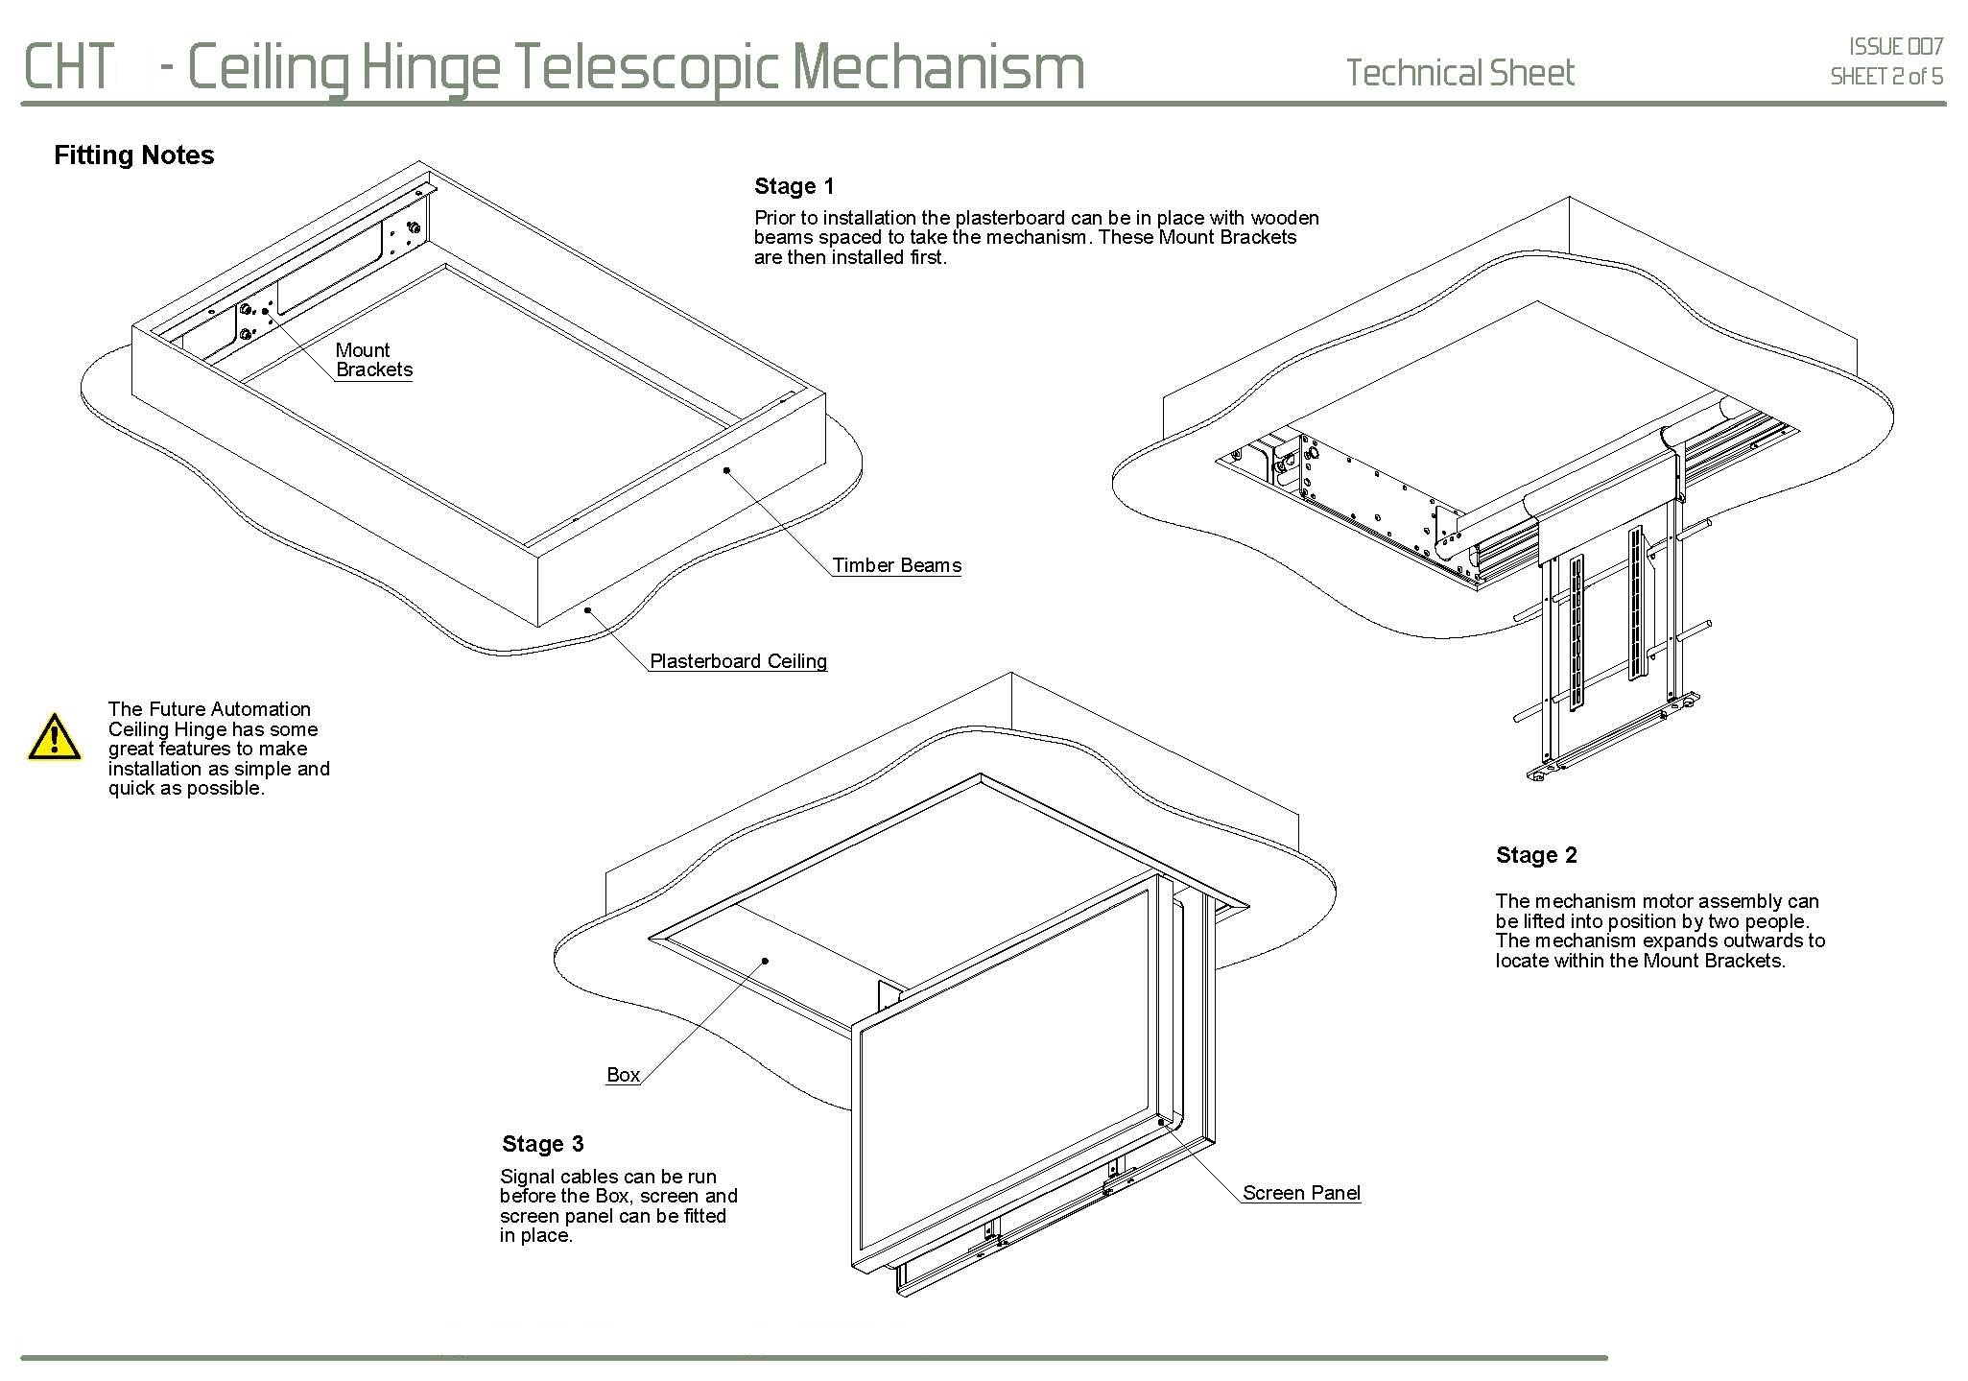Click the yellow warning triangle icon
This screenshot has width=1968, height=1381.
[55, 738]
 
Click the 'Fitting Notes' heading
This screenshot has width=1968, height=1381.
[134, 155]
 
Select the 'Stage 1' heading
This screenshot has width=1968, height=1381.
[794, 186]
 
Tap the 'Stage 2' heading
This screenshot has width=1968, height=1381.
[1536, 855]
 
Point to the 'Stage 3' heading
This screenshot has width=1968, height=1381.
[542, 1144]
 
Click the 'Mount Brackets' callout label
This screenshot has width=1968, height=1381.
[373, 360]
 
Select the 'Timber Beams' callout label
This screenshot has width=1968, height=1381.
[896, 565]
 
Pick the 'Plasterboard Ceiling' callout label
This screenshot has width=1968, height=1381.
[738, 661]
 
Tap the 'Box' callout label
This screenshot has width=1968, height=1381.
[623, 1075]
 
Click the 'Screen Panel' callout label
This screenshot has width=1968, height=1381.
[1301, 1193]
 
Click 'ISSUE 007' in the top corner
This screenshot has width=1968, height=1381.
[1896, 46]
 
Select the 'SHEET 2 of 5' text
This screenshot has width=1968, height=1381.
[1886, 77]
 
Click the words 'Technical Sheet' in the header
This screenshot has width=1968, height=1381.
[1459, 73]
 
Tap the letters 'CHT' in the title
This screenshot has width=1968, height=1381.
[68, 67]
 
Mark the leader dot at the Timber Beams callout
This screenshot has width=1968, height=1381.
[727, 470]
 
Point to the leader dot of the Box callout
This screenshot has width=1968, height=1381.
[766, 960]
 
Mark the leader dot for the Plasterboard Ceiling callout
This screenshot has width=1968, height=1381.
[586, 609]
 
